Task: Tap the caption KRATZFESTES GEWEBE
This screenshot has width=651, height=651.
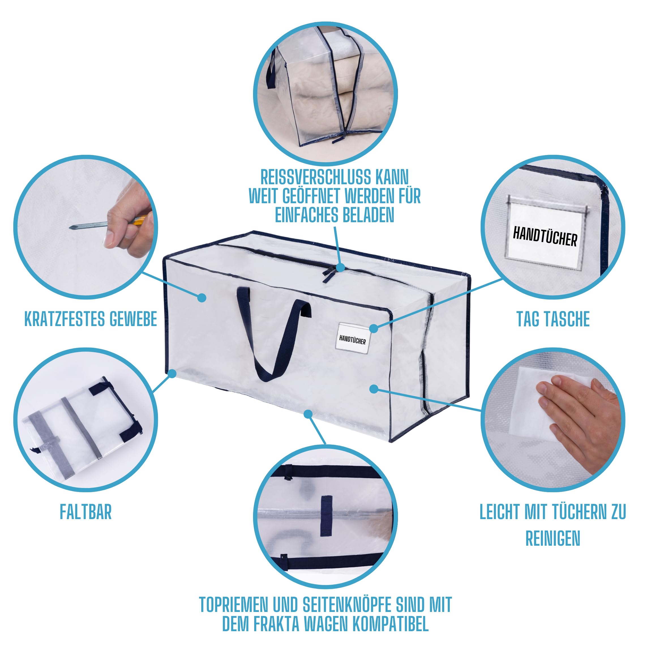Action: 91,319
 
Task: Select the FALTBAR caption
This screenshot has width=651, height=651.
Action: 85,512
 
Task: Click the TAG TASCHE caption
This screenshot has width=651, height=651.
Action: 553,319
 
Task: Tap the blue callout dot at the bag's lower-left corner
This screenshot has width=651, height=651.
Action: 172,373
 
